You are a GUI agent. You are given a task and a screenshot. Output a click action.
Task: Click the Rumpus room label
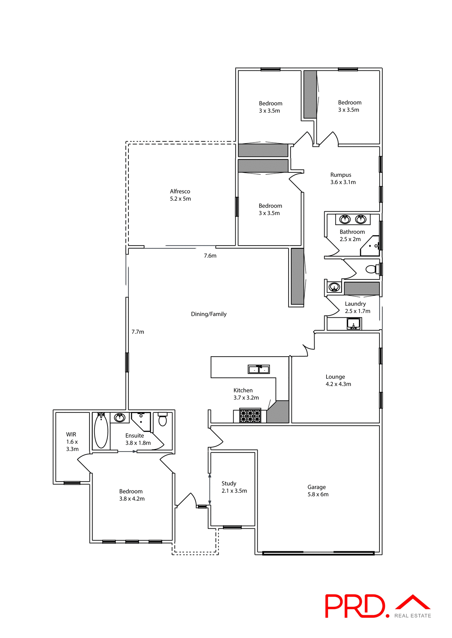pyautogui.click(x=342, y=178)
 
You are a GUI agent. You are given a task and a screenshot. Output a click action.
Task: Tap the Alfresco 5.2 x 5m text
pyautogui.click(x=180, y=195)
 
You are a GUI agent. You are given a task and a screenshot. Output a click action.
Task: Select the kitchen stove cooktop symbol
pyautogui.click(x=250, y=416)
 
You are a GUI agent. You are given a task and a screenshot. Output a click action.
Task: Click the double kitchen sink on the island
pyautogui.click(x=259, y=369)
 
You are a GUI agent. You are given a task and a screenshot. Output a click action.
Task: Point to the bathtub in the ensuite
pyautogui.click(x=101, y=431)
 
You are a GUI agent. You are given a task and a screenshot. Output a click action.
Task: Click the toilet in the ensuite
pyautogui.click(x=162, y=420)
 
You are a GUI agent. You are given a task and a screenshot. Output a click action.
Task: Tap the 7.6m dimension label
pyautogui.click(x=210, y=256)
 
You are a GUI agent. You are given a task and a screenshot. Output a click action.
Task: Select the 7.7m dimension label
pyautogui.click(x=137, y=332)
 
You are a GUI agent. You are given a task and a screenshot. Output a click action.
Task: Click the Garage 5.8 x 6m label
pyautogui.click(x=318, y=490)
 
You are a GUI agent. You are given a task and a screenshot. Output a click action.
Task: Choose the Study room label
pyautogui.click(x=234, y=487)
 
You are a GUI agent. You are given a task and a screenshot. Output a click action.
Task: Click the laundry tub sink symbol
pyautogui.click(x=353, y=323)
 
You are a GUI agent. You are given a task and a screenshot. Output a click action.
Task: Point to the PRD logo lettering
pyautogui.click(x=354, y=606)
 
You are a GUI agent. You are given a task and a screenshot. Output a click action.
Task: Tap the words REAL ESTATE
pyautogui.click(x=412, y=616)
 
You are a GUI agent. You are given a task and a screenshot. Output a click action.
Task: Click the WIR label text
pyautogui.click(x=72, y=442)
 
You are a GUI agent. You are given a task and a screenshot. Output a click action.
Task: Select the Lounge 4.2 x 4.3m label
pyautogui.click(x=338, y=380)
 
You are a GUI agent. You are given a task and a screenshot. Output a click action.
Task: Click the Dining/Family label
pyautogui.click(x=209, y=314)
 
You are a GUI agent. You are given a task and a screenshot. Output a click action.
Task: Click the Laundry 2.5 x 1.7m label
pyautogui.click(x=357, y=307)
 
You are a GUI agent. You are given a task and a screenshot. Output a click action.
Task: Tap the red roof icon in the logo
pyautogui.click(x=413, y=602)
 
